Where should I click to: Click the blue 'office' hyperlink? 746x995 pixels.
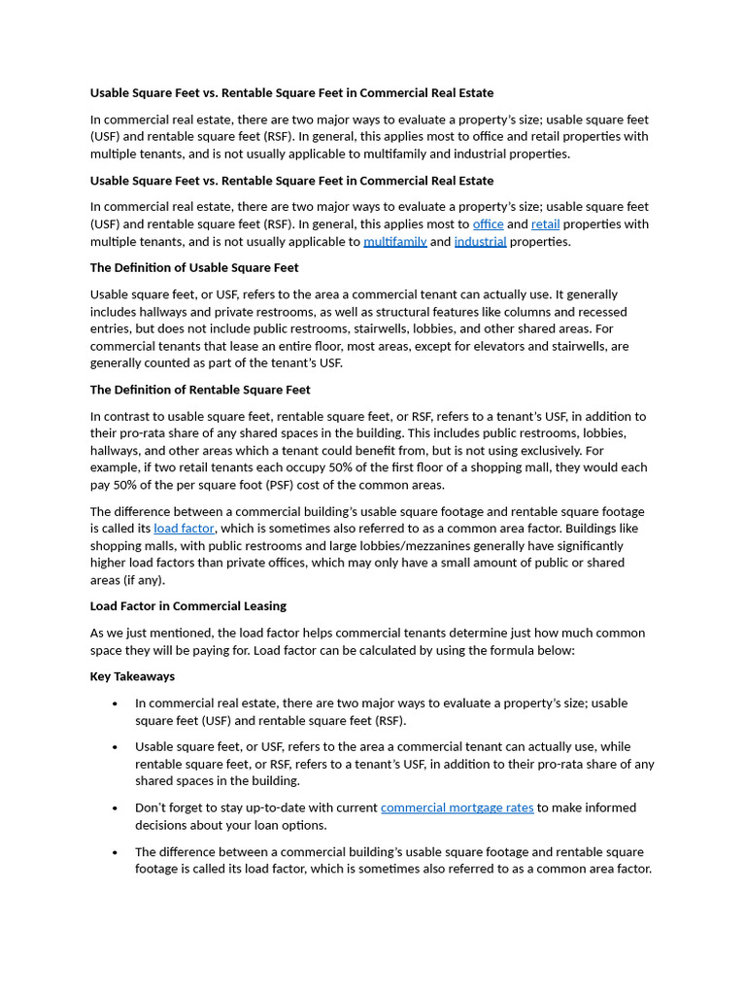coord(488,224)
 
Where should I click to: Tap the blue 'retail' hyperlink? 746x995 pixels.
coord(545,224)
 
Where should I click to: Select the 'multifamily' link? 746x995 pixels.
coord(394,242)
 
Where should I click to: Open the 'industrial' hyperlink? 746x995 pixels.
coord(480,242)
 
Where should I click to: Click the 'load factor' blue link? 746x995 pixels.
coord(184,529)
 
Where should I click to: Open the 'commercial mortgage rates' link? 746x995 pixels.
coord(457,807)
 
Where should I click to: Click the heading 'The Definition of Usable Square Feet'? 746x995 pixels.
coord(194,267)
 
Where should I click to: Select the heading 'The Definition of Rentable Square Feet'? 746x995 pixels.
coord(200,390)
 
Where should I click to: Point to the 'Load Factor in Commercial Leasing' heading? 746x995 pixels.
coord(187,605)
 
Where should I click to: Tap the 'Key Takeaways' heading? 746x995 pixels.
coord(132,676)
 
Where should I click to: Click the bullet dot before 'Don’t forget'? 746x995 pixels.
coord(115,808)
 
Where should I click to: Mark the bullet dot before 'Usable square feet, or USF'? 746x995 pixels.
coord(115,747)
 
